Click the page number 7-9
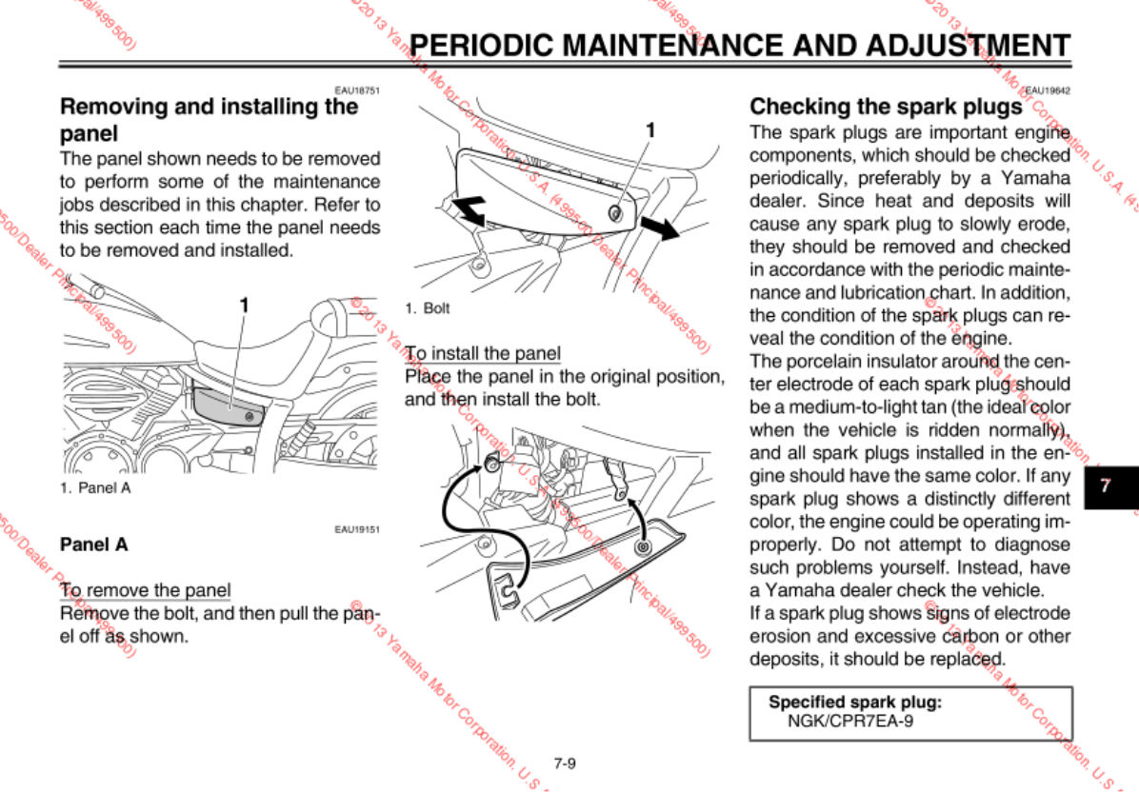point(565,762)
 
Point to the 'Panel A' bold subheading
point(93,545)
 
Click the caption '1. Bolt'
point(427,308)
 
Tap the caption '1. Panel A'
point(94,487)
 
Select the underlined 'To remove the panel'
point(145,590)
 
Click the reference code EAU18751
point(357,91)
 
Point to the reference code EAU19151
point(357,530)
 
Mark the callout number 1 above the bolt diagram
point(650,129)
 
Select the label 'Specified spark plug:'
point(855,703)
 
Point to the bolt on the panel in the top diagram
point(616,213)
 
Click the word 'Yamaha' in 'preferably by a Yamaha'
point(1036,177)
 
